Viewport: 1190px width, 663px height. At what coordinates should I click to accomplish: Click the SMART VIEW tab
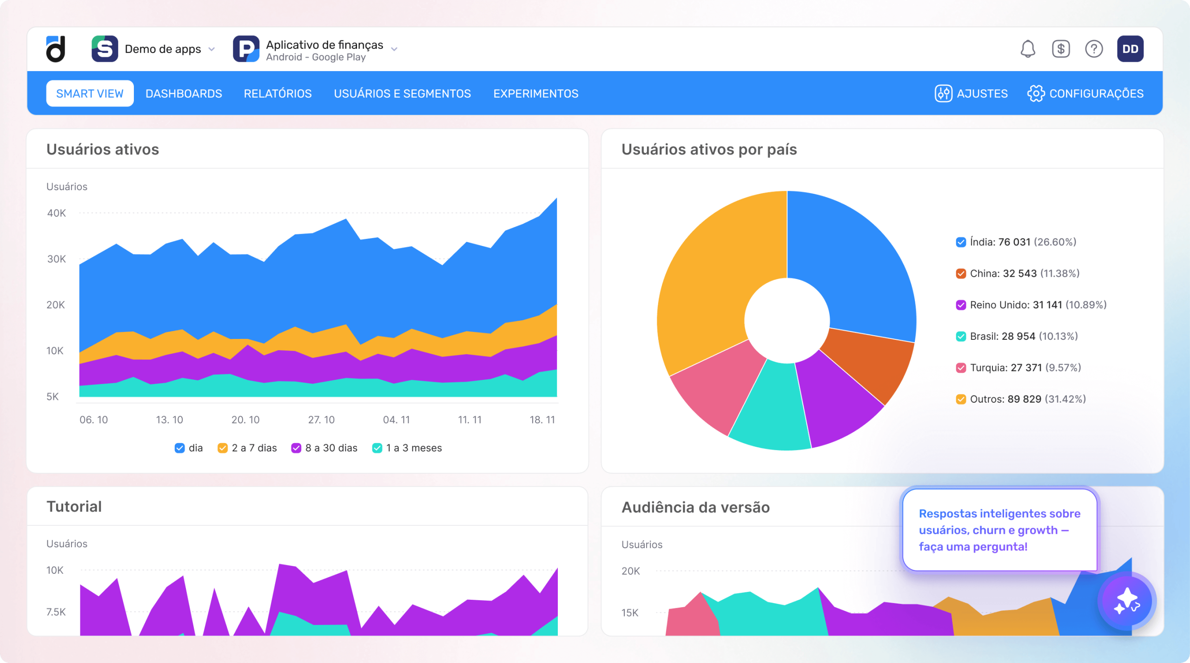click(90, 93)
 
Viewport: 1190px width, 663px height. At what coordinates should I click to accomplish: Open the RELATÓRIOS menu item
click(278, 93)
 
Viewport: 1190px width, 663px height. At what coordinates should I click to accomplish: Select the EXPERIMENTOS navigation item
click(535, 93)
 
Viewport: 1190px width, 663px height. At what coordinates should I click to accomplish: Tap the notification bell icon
click(1028, 49)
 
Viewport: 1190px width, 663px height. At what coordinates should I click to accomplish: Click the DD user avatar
click(1130, 49)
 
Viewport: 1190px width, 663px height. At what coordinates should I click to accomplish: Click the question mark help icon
click(1094, 49)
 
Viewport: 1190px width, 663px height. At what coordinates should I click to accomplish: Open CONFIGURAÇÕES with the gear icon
click(1085, 93)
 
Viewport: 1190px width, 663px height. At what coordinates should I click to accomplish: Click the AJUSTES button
click(971, 93)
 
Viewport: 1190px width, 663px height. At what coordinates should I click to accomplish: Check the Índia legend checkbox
click(961, 242)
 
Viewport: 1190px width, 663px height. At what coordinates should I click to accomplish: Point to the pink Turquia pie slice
click(716, 386)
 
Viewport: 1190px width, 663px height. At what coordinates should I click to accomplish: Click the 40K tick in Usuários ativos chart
click(56, 213)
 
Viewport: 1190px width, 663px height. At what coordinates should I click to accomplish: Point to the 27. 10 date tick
click(321, 420)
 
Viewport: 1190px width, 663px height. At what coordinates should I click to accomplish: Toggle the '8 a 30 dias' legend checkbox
click(296, 448)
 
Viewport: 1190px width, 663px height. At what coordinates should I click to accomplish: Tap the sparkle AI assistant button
click(1127, 601)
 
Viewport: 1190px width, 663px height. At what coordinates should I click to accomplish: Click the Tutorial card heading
click(74, 506)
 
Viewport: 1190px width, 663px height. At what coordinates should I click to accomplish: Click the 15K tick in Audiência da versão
click(630, 613)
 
